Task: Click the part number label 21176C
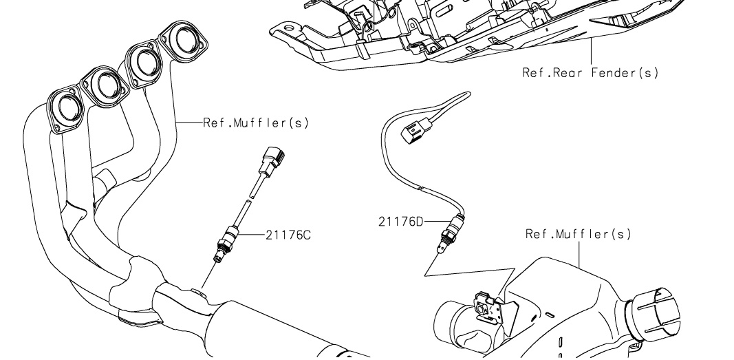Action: coord(288,235)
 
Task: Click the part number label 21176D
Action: coord(400,222)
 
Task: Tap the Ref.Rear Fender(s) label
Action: coord(590,72)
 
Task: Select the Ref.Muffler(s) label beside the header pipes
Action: coord(256,123)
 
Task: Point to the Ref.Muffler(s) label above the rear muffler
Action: coord(578,235)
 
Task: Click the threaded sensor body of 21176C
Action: coord(224,245)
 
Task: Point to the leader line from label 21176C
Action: coord(252,235)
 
